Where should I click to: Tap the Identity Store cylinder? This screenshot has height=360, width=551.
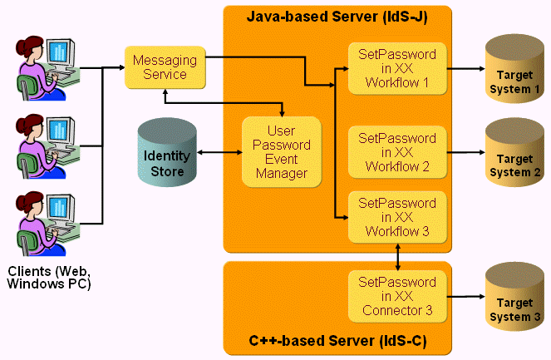click(167, 153)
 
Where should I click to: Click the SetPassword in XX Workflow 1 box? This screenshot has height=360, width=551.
click(396, 68)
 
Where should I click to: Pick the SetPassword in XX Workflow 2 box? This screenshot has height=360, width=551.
click(396, 152)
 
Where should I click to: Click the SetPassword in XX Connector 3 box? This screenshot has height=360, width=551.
click(396, 297)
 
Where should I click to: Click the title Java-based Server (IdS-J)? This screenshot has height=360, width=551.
click(337, 17)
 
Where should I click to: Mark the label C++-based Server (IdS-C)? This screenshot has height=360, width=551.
click(337, 341)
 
